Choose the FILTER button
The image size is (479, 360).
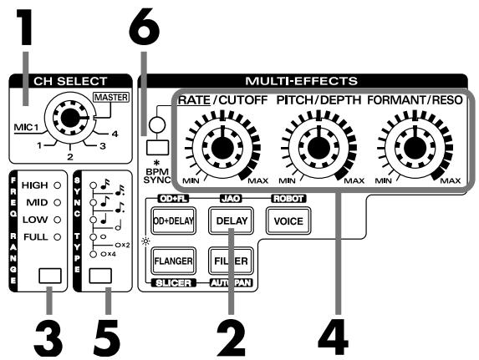pyautogui.click(x=228, y=259)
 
